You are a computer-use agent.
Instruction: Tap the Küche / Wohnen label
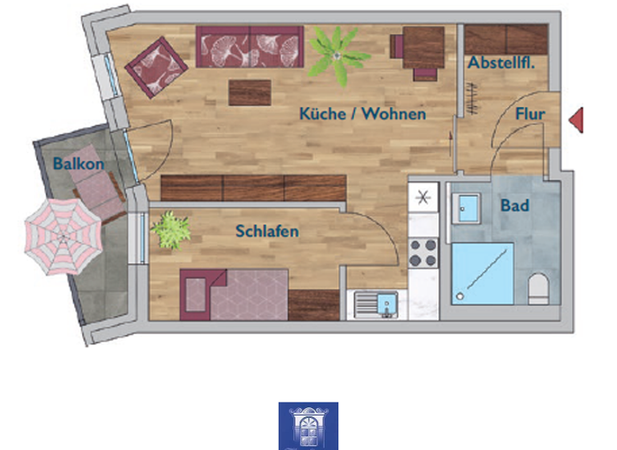coord(362,114)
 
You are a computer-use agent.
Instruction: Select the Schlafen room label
coord(267,231)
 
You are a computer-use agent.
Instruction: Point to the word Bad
coord(514,206)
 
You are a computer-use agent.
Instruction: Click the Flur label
coord(530,114)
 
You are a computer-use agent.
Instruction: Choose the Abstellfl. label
coord(502,63)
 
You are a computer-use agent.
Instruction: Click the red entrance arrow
coord(575,120)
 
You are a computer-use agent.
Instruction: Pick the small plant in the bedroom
coord(170,229)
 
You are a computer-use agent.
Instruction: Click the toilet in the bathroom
coord(538,288)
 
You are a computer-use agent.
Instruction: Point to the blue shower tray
coord(482,273)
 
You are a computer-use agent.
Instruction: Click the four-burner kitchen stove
coord(423,252)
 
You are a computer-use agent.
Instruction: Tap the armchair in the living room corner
coord(156,66)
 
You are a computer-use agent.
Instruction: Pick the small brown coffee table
coord(251,92)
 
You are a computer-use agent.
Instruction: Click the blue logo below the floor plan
coord(308,426)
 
